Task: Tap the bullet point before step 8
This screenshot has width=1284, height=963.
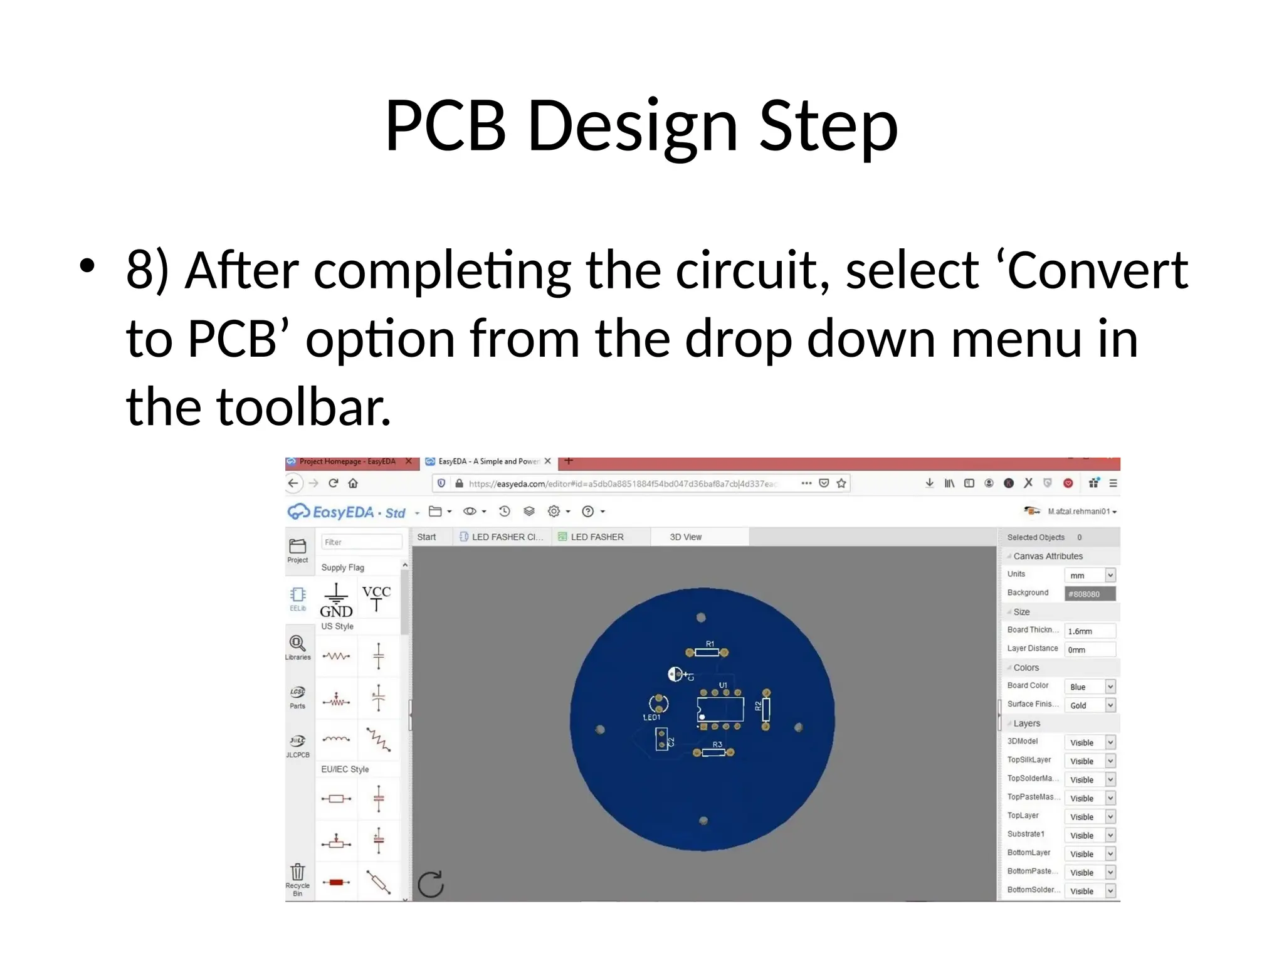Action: (87, 266)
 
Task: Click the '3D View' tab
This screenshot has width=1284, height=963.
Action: (685, 537)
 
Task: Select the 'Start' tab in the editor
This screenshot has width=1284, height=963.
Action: (426, 537)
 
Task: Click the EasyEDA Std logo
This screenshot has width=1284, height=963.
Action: (347, 512)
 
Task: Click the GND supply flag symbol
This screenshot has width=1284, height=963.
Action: (336, 600)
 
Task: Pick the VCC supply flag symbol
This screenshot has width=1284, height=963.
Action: (376, 597)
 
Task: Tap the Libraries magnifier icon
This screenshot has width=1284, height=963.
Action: (297, 643)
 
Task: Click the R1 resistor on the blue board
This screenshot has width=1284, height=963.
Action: (707, 652)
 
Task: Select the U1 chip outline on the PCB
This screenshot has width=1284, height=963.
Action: (720, 709)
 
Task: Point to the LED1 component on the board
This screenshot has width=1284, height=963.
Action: (658, 704)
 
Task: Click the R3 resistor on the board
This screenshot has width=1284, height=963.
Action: (713, 752)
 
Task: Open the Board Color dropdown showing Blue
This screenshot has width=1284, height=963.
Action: (1090, 687)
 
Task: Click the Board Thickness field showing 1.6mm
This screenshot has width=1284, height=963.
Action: (1090, 631)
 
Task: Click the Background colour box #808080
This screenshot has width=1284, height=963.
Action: (1090, 594)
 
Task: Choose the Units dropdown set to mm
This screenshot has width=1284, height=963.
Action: (1090, 575)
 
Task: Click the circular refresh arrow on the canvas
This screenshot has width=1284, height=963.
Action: (431, 884)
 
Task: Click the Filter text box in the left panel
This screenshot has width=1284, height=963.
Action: (361, 542)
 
